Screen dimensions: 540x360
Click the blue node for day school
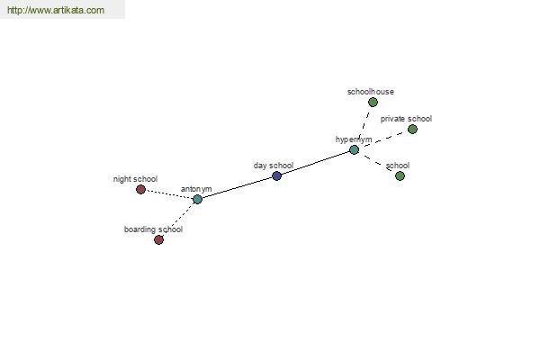click(277, 176)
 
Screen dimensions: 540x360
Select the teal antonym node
click(197, 199)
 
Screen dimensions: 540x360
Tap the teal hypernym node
click(354, 150)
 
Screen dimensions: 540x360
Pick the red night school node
click(140, 190)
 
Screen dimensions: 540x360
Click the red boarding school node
click(158, 239)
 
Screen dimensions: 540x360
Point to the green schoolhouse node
click(373, 102)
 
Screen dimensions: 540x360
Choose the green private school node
click(412, 130)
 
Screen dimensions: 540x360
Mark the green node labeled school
click(400, 176)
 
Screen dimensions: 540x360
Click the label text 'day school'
click(274, 166)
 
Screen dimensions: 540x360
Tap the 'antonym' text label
click(196, 189)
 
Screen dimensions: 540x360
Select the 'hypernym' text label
click(354, 139)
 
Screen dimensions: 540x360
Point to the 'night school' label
click(135, 179)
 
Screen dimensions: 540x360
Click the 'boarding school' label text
click(153, 229)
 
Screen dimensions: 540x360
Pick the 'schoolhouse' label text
click(371, 92)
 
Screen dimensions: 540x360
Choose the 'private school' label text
click(406, 119)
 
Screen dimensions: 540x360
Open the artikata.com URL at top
click(56, 10)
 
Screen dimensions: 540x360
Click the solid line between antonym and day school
click(237, 188)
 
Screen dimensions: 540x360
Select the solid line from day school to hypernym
click(316, 164)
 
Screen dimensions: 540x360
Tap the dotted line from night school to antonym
click(169, 194)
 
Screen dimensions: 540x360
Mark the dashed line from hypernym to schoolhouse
click(364, 126)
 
